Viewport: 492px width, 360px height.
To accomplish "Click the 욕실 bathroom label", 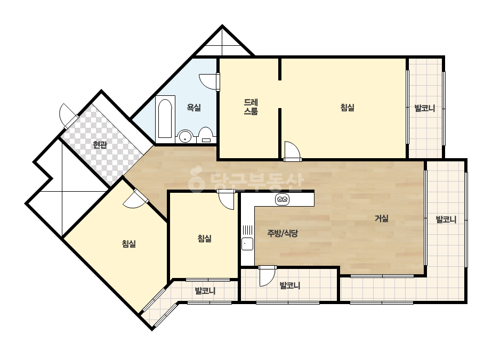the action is coord(193,108).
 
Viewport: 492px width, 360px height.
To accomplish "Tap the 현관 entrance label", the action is coord(100,145).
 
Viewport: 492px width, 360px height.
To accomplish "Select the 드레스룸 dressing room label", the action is coord(251,107).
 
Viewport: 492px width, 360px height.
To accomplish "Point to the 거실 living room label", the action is coord(382,218).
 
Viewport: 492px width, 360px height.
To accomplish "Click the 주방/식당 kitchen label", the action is coord(283,233).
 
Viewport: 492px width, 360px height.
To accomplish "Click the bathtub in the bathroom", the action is coord(165,119).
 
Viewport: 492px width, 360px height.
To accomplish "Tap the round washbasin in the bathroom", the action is coord(185,136).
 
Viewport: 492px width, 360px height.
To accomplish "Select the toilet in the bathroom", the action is coord(206,135).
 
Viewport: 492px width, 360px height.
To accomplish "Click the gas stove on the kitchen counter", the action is coord(282,199).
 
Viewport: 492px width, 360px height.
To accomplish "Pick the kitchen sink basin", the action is coord(247,244).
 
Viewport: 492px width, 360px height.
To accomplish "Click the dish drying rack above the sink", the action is coord(247,230).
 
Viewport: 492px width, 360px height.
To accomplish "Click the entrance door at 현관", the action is coord(68,115).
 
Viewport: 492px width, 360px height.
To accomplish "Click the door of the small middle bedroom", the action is coord(226,200).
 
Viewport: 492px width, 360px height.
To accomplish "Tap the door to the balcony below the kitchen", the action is coord(268,276).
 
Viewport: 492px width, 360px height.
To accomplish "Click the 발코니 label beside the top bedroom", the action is coord(425,109).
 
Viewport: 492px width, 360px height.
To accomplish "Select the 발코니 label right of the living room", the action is coord(446,219).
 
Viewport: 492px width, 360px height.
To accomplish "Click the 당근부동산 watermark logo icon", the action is coord(196,179).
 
